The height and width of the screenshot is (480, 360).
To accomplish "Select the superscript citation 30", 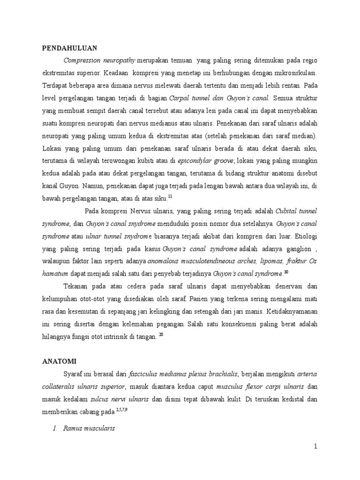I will tap(285, 272).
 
